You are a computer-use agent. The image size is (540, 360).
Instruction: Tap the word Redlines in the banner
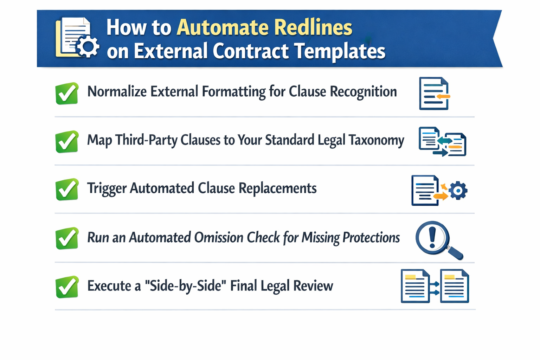[x=313, y=27]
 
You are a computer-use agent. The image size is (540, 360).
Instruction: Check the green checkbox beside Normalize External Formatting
[x=67, y=94]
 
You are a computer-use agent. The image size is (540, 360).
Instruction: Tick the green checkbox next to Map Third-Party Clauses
[x=67, y=142]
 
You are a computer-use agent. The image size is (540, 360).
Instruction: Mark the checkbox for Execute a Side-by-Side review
[x=67, y=287]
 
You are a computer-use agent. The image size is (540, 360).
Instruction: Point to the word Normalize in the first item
[x=117, y=92]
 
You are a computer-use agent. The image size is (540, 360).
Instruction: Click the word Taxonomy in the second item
[x=376, y=140]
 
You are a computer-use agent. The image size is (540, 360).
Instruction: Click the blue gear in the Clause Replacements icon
[x=458, y=191]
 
